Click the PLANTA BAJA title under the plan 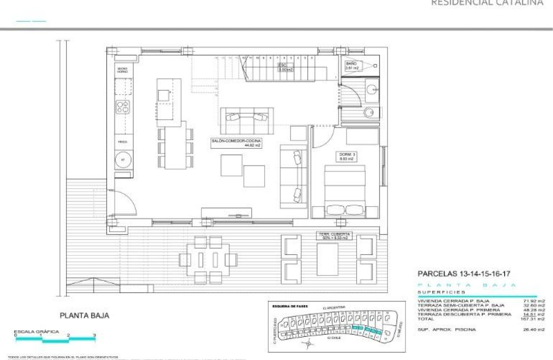click(84, 315)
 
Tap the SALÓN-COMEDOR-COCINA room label click(236, 143)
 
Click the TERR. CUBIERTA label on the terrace click(334, 236)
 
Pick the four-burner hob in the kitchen click(123, 107)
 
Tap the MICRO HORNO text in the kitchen click(123, 70)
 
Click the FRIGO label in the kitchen click(123, 141)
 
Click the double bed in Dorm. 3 click(345, 191)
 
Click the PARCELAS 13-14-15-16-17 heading click(463, 273)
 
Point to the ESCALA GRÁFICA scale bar click(56, 339)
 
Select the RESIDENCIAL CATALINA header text click(487, 3)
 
